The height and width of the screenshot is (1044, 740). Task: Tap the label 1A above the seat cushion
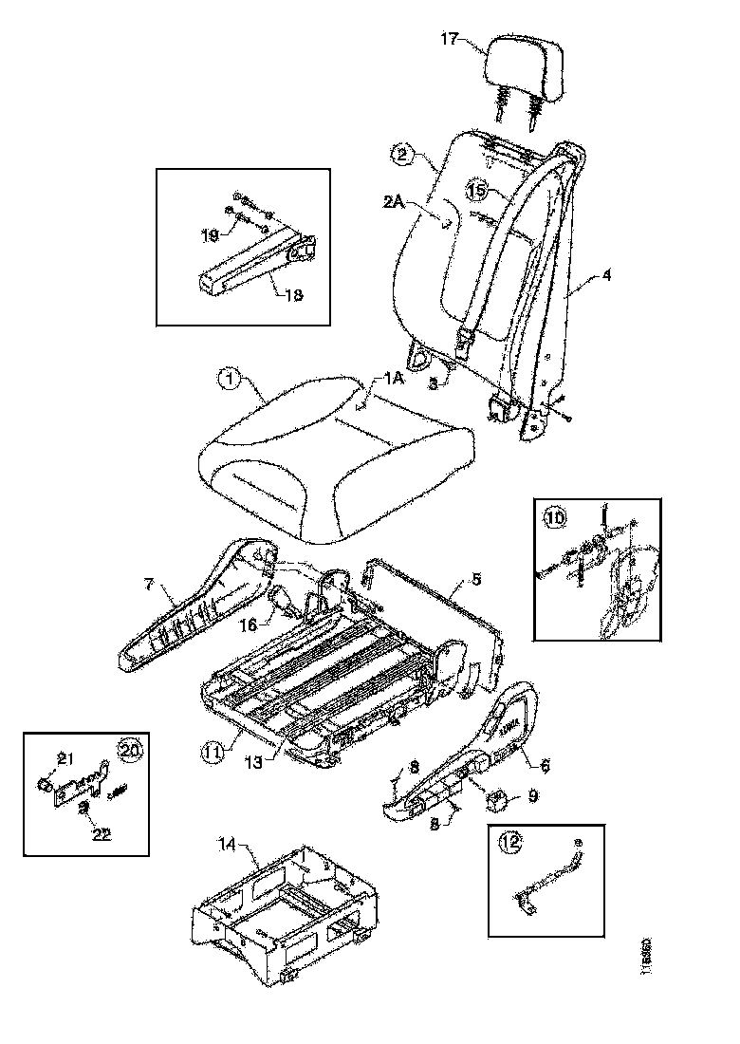[x=394, y=378]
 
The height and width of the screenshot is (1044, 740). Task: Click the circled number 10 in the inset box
[x=554, y=518]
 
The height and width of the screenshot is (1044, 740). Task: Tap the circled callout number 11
[x=213, y=750]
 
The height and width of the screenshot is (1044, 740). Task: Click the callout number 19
[x=211, y=233]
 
